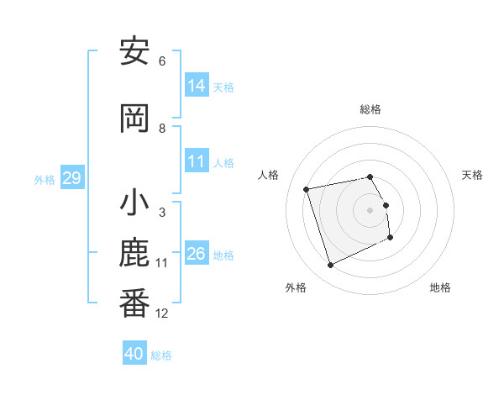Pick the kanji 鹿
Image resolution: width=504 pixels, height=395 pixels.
(x=134, y=254)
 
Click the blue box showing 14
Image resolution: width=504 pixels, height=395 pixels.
(x=197, y=86)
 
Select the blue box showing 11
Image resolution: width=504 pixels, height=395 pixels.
(x=197, y=161)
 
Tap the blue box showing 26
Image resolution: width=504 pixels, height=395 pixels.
(x=197, y=254)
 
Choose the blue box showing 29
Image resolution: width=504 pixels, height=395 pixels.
(x=71, y=178)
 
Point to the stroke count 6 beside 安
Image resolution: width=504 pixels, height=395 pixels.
(x=162, y=61)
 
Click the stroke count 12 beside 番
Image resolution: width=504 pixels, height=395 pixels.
(x=162, y=313)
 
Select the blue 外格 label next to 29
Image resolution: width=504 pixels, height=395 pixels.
(x=45, y=179)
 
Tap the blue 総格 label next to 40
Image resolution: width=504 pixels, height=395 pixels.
(x=161, y=355)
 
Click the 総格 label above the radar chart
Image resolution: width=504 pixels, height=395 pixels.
(x=370, y=109)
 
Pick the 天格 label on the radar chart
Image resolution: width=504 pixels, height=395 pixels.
(x=472, y=175)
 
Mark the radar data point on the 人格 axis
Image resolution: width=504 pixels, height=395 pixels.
(x=307, y=188)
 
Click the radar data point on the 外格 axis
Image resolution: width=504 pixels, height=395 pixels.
(x=330, y=266)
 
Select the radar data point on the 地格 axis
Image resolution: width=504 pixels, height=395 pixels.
(x=391, y=238)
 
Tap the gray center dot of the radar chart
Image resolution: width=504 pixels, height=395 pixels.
(x=370, y=210)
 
